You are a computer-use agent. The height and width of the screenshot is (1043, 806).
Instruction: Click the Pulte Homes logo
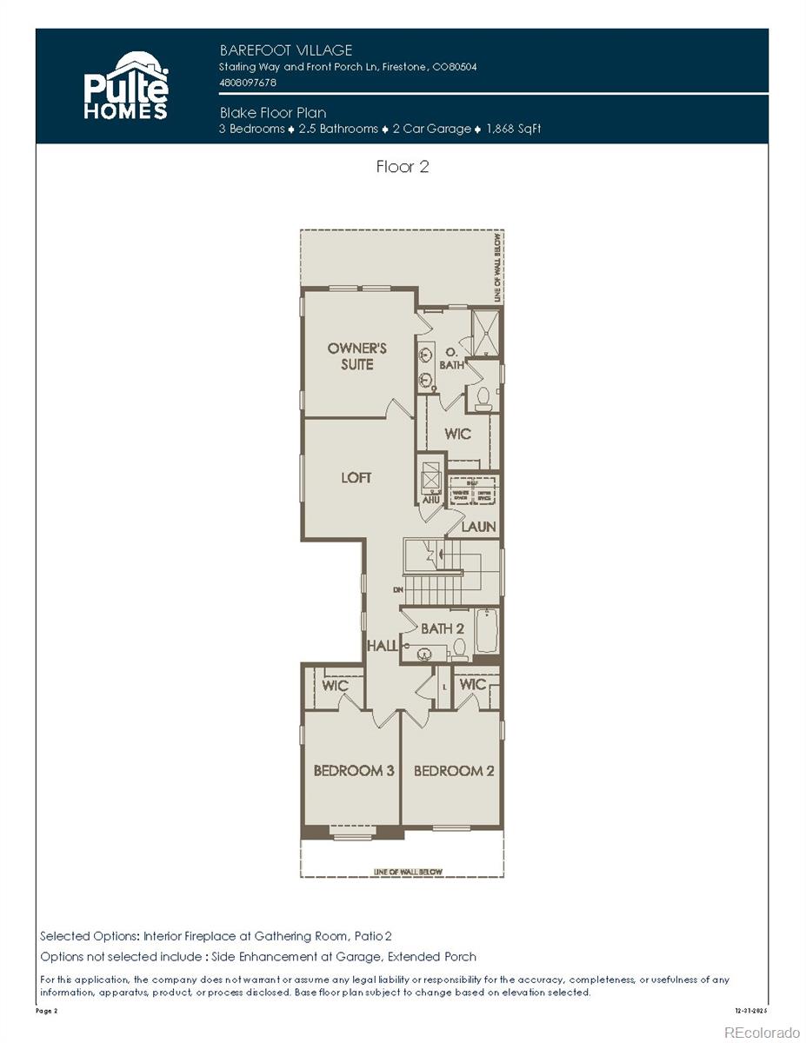coord(126,86)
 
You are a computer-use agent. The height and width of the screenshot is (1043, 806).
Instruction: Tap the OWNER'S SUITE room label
coord(356,356)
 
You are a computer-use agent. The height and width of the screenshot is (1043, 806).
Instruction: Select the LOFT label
coord(356,477)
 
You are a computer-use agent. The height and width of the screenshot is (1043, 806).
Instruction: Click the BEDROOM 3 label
coord(354,770)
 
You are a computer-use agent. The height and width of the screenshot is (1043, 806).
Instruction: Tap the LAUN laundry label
coord(478,527)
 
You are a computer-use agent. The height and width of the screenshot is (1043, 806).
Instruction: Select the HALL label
coord(382,646)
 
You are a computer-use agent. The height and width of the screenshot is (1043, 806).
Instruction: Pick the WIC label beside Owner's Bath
coord(458,434)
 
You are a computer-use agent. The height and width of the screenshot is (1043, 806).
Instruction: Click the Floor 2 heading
coord(403,167)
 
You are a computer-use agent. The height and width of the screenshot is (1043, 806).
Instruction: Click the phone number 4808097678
coord(248,83)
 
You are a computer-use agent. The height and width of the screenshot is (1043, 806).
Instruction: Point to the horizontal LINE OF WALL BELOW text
coord(408,872)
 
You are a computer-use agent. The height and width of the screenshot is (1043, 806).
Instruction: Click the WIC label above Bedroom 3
coord(335,686)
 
